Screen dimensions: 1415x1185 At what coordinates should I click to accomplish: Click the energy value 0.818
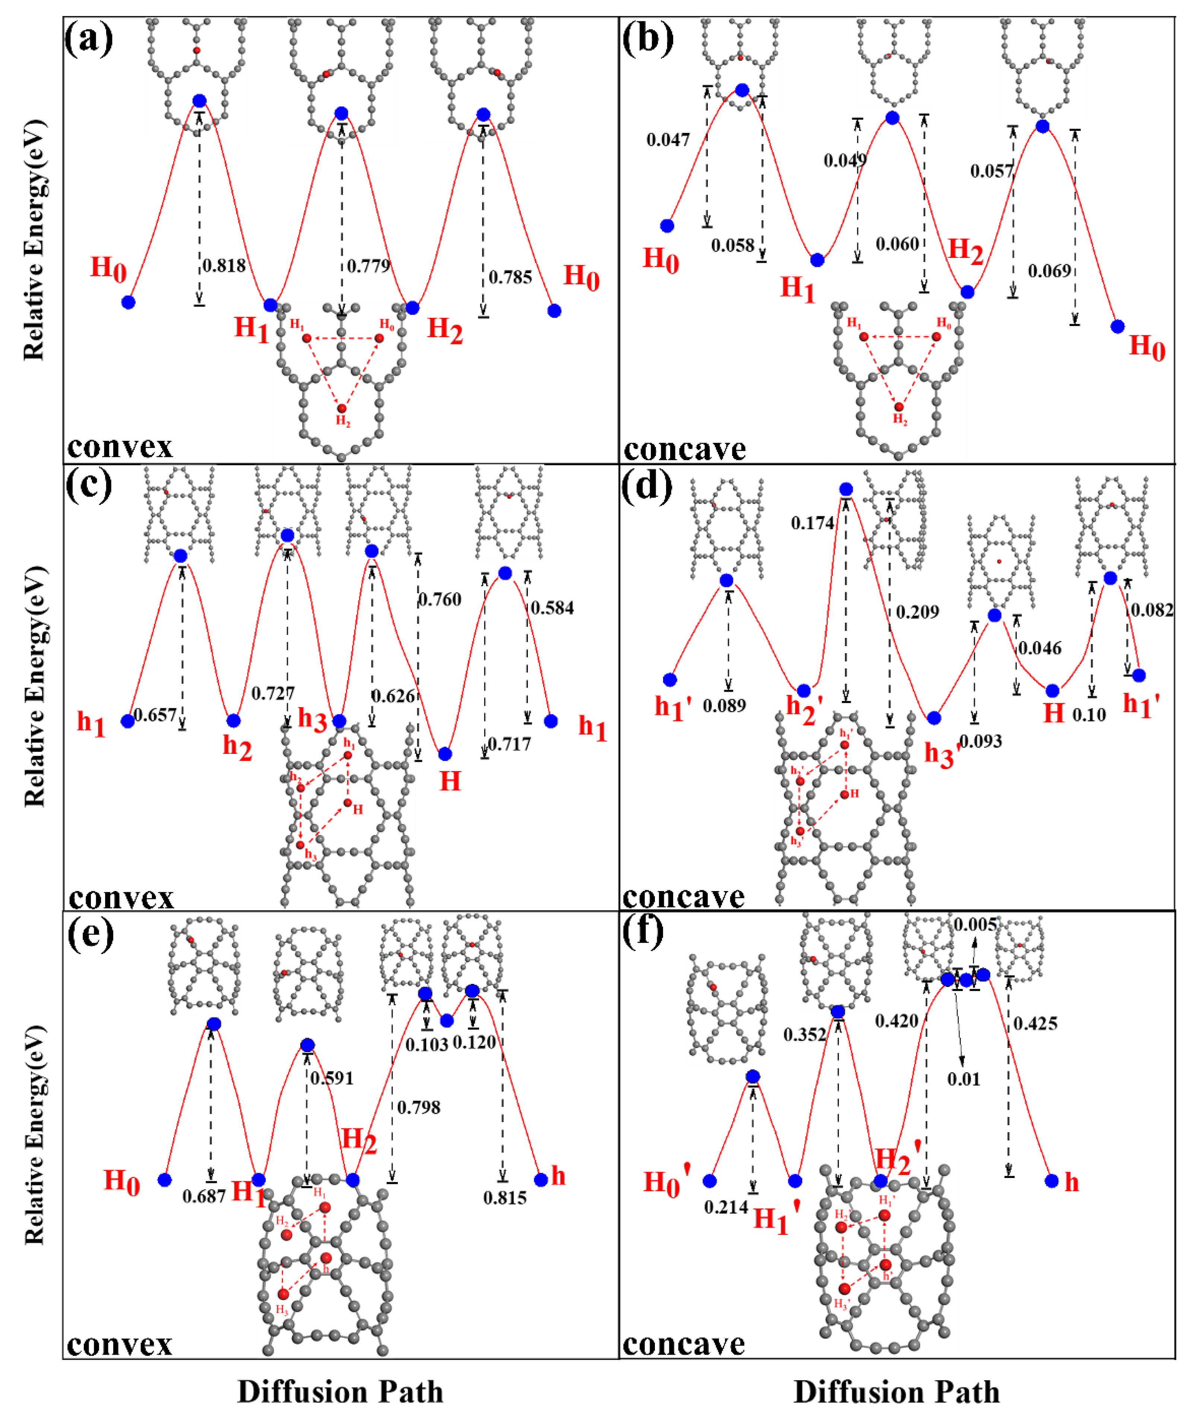click(224, 265)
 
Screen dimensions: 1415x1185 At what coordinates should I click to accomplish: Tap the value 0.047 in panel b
click(668, 140)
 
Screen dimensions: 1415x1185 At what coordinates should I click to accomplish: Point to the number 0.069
click(1049, 271)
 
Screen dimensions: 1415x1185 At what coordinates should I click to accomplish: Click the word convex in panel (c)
click(121, 897)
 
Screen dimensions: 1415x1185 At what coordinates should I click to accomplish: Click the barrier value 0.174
click(812, 523)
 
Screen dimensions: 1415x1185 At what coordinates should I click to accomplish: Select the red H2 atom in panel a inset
click(342, 408)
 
